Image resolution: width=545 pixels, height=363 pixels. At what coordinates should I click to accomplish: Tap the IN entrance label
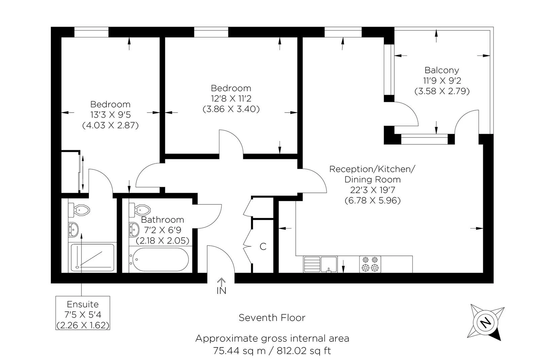coord(221,291)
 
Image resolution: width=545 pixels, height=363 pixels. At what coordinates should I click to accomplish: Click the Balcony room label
coord(442,70)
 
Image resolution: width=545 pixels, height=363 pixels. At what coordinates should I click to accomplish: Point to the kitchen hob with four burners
coord(370,264)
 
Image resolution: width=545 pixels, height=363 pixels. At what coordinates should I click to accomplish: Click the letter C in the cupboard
coord(263,246)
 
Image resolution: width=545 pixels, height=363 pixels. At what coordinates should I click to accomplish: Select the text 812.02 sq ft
coord(303,351)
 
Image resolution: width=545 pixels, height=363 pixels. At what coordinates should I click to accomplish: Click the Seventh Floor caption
coord(272,318)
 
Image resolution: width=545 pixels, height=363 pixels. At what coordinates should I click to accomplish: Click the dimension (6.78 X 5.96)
coord(372,201)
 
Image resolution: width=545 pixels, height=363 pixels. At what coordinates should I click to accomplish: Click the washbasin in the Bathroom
coord(135,230)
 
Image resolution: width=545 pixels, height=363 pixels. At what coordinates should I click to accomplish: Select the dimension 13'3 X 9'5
coord(110,115)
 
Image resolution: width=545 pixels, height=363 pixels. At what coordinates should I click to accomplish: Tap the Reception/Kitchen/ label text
coord(372,169)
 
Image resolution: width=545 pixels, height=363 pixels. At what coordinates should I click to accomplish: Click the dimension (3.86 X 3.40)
coord(231,109)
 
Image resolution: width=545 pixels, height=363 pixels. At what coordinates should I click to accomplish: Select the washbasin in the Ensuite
coord(73,230)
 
